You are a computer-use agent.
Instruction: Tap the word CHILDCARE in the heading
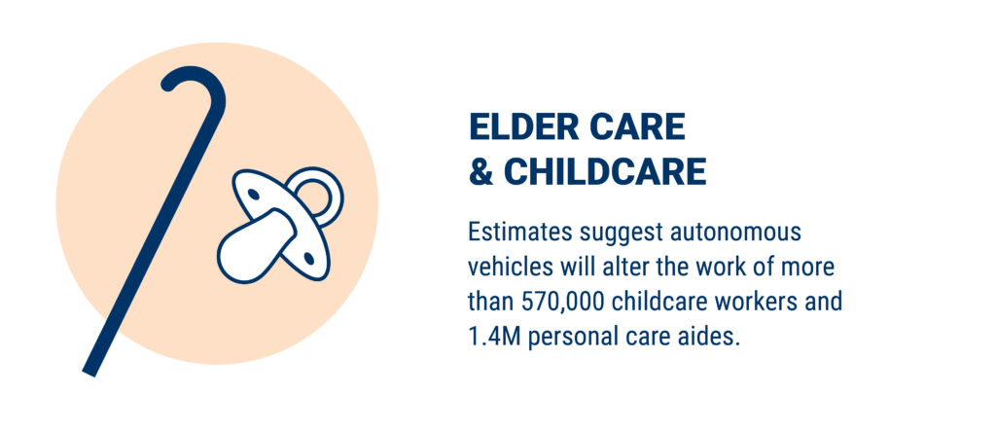(605, 171)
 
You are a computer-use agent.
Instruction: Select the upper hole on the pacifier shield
(253, 194)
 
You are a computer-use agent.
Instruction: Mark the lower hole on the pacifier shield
(309, 258)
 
